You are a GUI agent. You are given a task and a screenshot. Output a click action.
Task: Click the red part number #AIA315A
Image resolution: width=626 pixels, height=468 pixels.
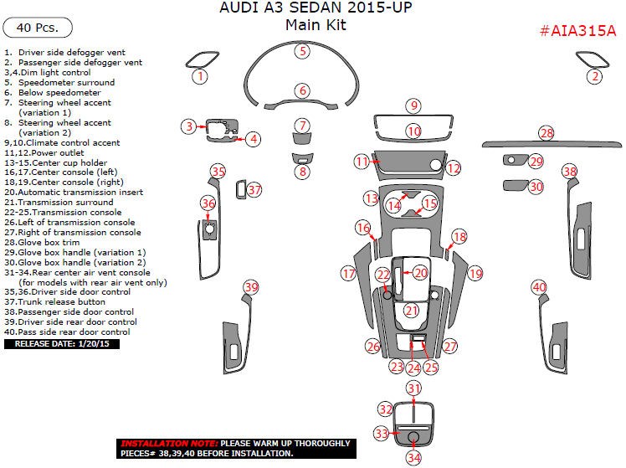(x=577, y=31)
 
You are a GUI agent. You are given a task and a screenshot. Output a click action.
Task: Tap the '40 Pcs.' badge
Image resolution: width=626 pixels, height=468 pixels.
(x=37, y=28)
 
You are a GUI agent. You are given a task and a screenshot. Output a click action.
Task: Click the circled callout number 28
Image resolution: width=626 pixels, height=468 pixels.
(x=546, y=133)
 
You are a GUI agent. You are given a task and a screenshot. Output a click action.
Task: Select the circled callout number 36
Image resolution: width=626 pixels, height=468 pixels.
(x=208, y=203)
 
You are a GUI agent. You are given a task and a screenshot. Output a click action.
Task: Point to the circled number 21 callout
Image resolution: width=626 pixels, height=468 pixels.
(x=411, y=311)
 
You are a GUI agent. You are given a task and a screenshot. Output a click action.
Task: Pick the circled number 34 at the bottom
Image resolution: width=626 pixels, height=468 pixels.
(x=413, y=457)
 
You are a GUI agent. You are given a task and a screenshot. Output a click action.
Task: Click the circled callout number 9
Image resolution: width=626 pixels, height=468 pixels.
(x=413, y=105)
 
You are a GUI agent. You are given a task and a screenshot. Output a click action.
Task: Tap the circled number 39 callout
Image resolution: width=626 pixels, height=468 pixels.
(x=250, y=287)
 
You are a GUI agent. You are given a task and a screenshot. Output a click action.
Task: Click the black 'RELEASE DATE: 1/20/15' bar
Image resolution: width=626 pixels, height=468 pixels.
(x=62, y=343)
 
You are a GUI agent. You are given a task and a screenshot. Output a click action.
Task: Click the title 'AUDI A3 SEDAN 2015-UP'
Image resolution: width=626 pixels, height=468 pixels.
(x=316, y=8)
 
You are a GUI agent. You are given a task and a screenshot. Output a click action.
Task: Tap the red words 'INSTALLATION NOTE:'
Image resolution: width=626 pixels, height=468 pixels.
(x=168, y=443)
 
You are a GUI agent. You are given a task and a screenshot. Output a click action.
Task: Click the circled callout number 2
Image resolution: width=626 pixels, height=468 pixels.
(x=594, y=76)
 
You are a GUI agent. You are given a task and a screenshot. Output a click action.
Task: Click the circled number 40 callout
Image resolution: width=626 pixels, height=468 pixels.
(x=539, y=287)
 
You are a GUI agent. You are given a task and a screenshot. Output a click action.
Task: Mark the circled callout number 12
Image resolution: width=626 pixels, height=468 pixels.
(x=453, y=168)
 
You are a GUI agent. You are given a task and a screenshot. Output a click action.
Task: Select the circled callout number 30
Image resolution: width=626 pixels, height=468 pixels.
(x=536, y=188)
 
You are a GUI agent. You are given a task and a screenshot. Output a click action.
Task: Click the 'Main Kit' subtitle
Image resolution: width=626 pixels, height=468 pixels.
(x=316, y=25)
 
